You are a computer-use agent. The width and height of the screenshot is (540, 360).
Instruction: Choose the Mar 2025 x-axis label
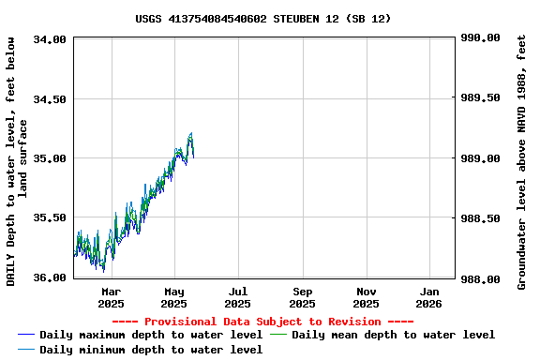pos(111,297)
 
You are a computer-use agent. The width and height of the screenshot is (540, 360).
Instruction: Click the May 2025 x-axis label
pos(174,297)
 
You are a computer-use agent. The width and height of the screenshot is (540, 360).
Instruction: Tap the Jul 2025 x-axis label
pos(238,297)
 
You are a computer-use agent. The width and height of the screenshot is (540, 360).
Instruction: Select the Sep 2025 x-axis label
pos(302,297)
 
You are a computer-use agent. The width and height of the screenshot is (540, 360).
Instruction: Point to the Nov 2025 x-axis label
pos(367,297)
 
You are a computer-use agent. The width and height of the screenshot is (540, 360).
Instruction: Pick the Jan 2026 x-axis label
pos(429,297)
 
